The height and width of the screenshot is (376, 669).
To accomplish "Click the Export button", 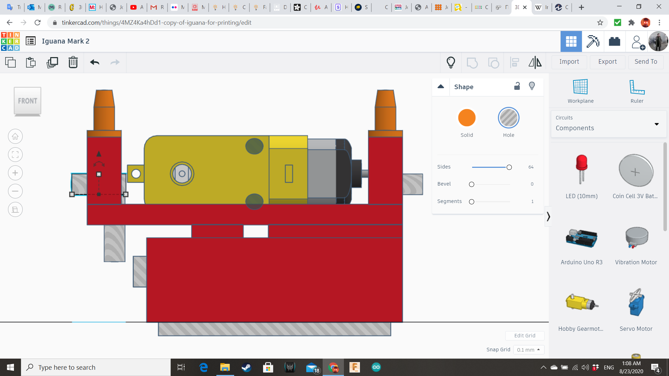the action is (607, 62).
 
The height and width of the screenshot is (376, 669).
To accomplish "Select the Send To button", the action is (646, 62).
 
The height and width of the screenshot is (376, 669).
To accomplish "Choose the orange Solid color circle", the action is (467, 118).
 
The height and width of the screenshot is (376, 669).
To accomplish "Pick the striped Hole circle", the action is (508, 118).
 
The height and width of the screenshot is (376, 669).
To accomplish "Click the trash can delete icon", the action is (73, 62).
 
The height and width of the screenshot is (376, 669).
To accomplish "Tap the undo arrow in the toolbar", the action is (94, 62).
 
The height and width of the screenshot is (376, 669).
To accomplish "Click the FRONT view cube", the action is (28, 101).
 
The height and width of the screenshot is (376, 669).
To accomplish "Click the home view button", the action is (15, 136).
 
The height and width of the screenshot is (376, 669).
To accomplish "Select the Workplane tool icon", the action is (580, 87).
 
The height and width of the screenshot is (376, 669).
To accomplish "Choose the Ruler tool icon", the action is (637, 87).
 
